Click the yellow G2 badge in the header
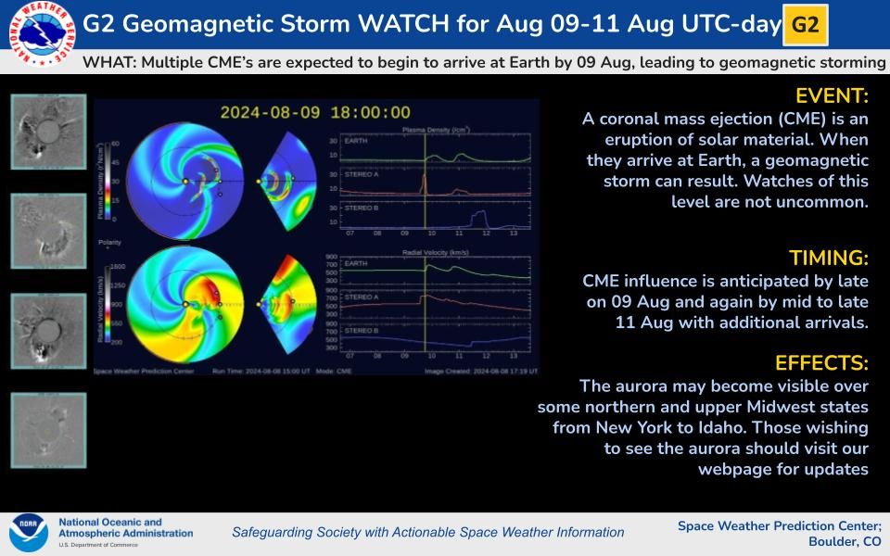click(805, 25)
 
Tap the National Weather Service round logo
click(37, 35)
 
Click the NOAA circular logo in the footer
click(28, 533)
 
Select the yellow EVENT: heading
click(832, 96)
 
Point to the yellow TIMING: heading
click(828, 257)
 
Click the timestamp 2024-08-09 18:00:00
click(315, 112)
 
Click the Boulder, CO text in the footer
click(845, 542)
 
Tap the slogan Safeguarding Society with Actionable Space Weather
click(427, 532)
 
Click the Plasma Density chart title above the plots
click(427, 132)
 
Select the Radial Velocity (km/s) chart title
click(427, 251)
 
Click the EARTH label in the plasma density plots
click(354, 142)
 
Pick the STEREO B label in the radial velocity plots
click(361, 330)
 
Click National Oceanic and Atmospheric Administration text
click(125, 527)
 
